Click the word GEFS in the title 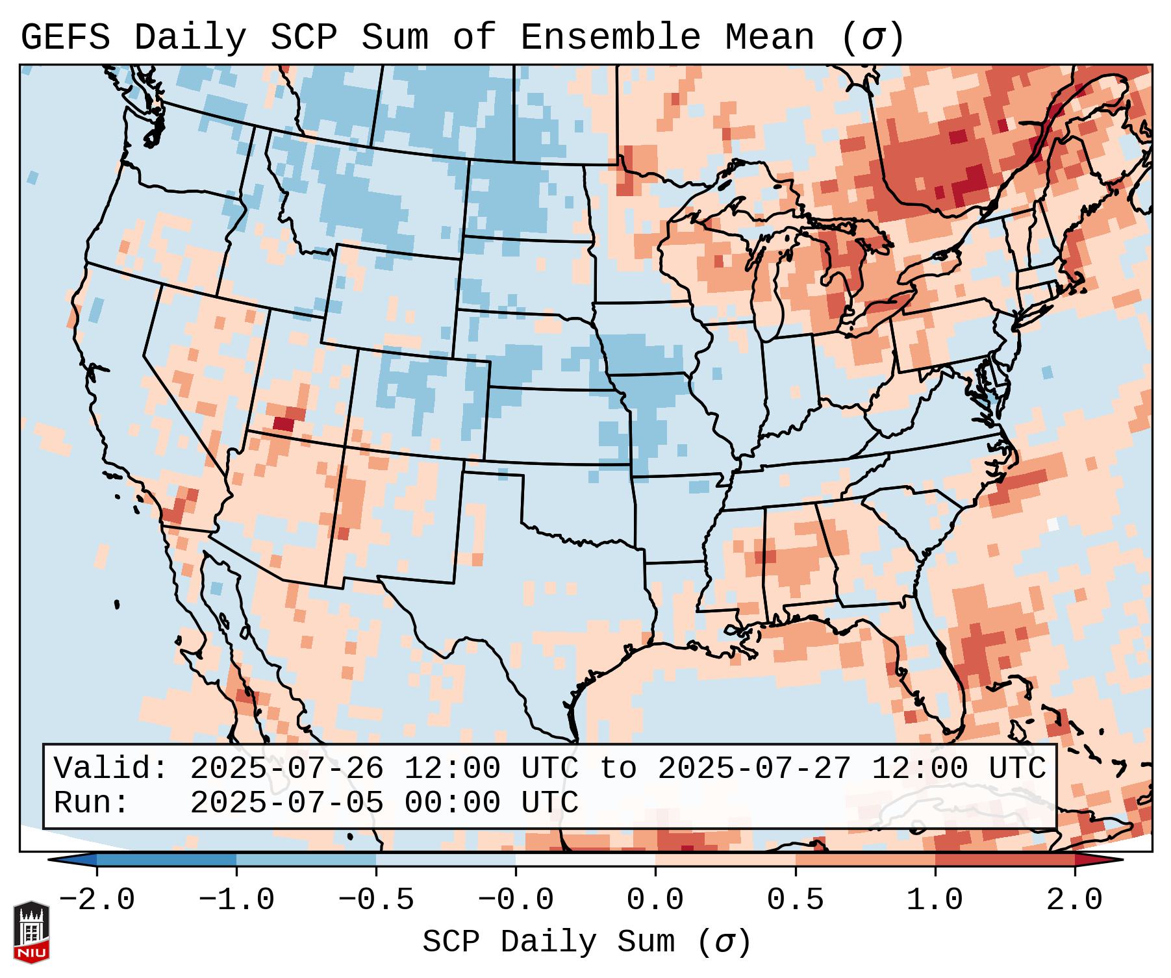coord(66,37)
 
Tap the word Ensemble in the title coord(610,37)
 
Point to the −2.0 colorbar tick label coord(97,900)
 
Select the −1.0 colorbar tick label coord(236,900)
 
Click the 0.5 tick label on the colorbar coord(795,900)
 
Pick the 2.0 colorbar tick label coord(1074,900)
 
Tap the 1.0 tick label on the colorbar coord(935,900)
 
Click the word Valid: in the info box coord(111,768)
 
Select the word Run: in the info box coord(91,803)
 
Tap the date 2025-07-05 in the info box coord(286,803)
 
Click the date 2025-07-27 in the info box coord(754,768)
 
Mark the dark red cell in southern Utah coord(284,424)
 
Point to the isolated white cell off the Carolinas coord(1053,524)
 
